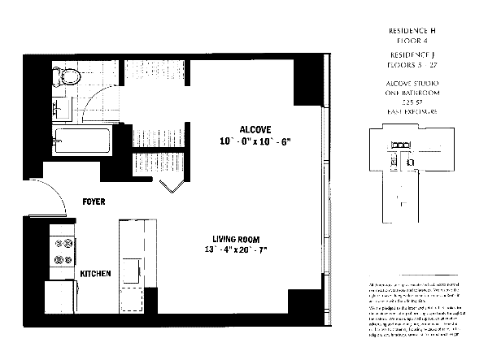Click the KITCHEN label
95,274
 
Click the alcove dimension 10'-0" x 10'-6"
255,142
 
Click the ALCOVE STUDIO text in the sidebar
407,83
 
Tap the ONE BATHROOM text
407,92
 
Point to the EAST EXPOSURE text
407,110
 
